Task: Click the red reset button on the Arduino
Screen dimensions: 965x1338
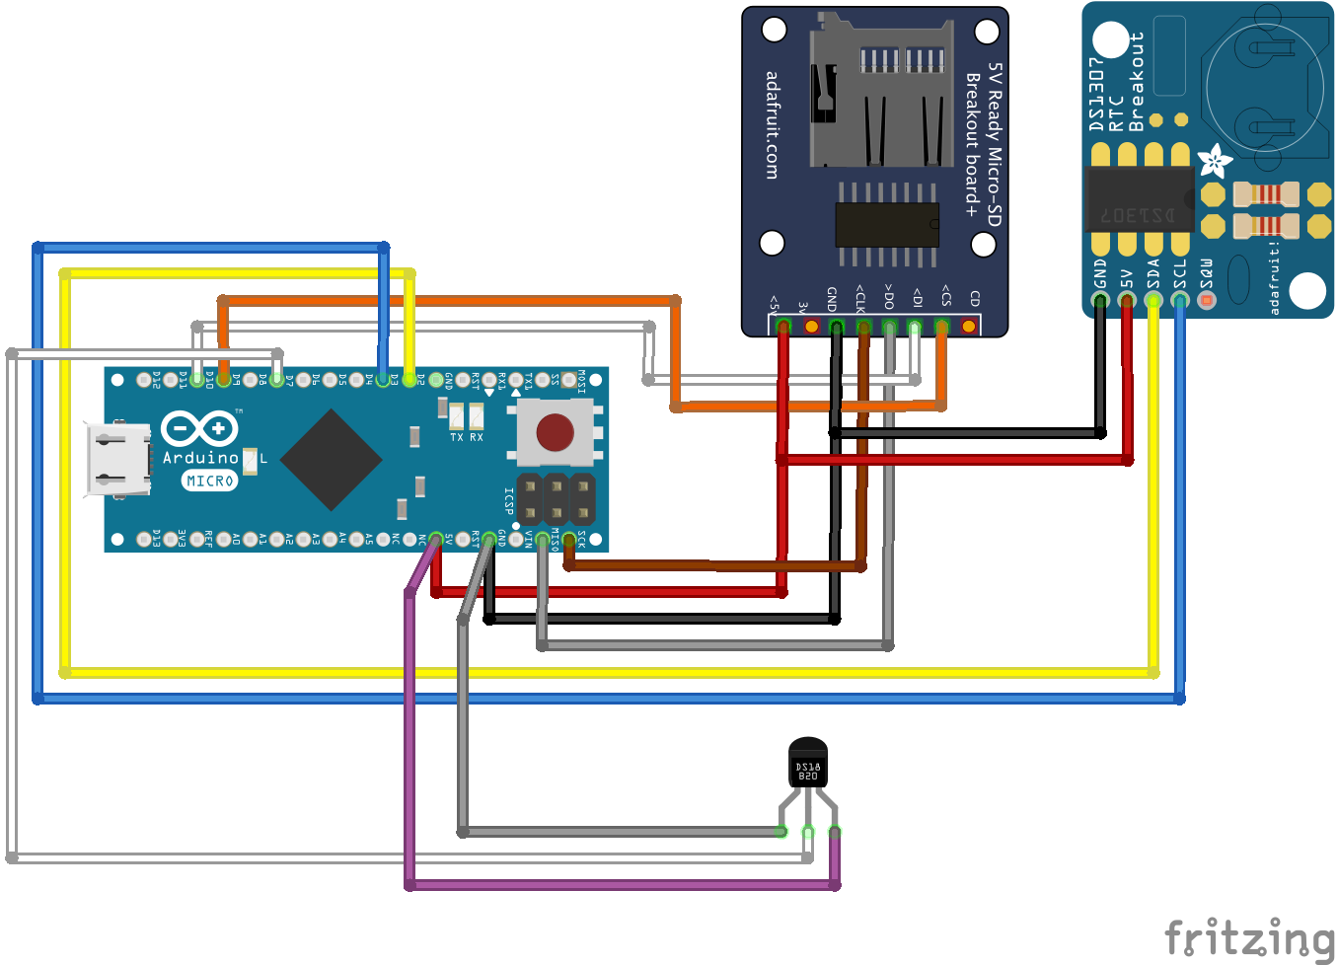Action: pyautogui.click(x=555, y=432)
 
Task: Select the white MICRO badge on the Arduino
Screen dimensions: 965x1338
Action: pyautogui.click(x=209, y=481)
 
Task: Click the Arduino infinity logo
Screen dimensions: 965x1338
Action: pyautogui.click(x=199, y=428)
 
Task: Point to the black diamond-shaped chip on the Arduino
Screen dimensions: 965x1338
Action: pyautogui.click(x=331, y=460)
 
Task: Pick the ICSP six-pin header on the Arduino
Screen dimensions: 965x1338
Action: pyautogui.click(x=557, y=499)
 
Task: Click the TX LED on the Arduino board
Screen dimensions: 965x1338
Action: pyautogui.click(x=456, y=415)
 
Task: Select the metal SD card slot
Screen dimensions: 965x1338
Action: pyautogui.click(x=881, y=94)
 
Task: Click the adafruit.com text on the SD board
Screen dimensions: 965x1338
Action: pyautogui.click(x=772, y=125)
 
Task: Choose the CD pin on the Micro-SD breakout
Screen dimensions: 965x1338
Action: pyautogui.click(x=969, y=326)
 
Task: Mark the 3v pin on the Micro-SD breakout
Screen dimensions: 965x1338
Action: pyautogui.click(x=811, y=326)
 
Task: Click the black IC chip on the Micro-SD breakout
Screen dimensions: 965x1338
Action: pyautogui.click(x=886, y=225)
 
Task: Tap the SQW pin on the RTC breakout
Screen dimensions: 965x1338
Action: pyautogui.click(x=1206, y=299)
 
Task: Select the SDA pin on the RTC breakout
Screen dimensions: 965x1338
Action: pyautogui.click(x=1152, y=299)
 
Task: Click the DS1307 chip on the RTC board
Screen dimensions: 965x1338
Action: pyautogui.click(x=1139, y=199)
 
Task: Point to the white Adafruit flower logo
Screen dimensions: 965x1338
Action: pyautogui.click(x=1215, y=161)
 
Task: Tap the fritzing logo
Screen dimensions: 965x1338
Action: pyautogui.click(x=1249, y=937)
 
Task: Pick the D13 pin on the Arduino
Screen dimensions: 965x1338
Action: pyautogui.click(x=144, y=538)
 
